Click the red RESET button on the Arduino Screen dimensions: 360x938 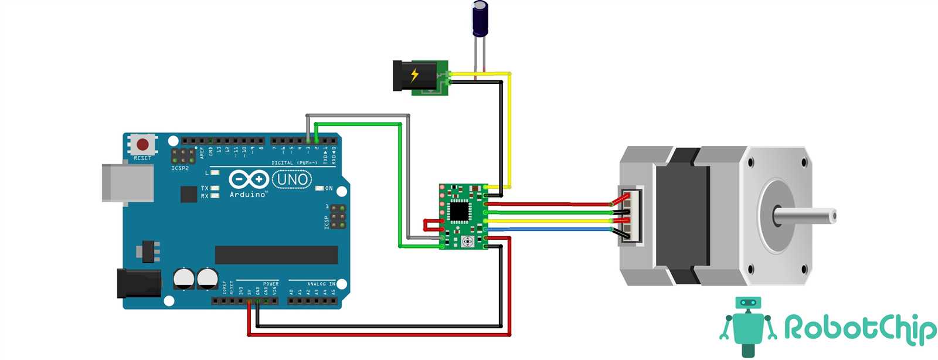pyautogui.click(x=142, y=144)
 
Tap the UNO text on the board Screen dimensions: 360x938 pyautogui.click(x=292, y=179)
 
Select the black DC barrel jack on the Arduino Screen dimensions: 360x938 pyautogui.click(x=139, y=283)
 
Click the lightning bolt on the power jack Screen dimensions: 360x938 pyautogui.click(x=414, y=75)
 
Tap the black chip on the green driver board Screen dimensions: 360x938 pyautogui.click(x=459, y=212)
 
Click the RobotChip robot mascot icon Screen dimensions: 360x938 pyautogui.click(x=747, y=326)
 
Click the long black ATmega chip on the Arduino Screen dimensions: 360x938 pyautogui.click(x=276, y=254)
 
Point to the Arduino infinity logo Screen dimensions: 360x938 pyautogui.click(x=249, y=179)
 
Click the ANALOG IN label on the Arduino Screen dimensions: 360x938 pyautogui.click(x=321, y=284)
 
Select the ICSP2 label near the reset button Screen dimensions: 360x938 pyautogui.click(x=180, y=168)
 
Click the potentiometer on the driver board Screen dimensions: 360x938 pyautogui.click(x=467, y=241)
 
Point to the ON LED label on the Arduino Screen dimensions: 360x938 pyautogui.click(x=329, y=188)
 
